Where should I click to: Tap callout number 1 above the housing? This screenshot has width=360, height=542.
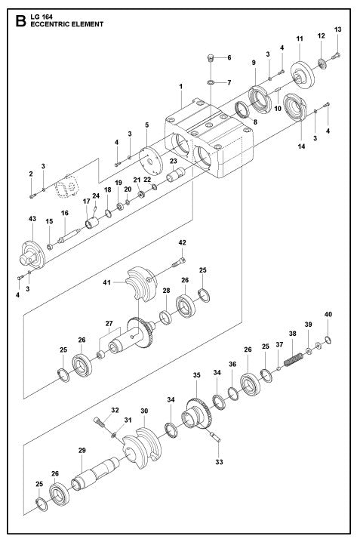tap(181, 87)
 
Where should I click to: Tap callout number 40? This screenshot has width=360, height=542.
tap(328, 314)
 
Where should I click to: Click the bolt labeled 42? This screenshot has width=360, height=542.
tap(178, 262)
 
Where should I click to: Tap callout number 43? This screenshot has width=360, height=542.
tap(32, 218)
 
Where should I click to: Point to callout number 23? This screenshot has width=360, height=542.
tap(173, 161)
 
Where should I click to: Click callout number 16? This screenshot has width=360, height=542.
tap(65, 214)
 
